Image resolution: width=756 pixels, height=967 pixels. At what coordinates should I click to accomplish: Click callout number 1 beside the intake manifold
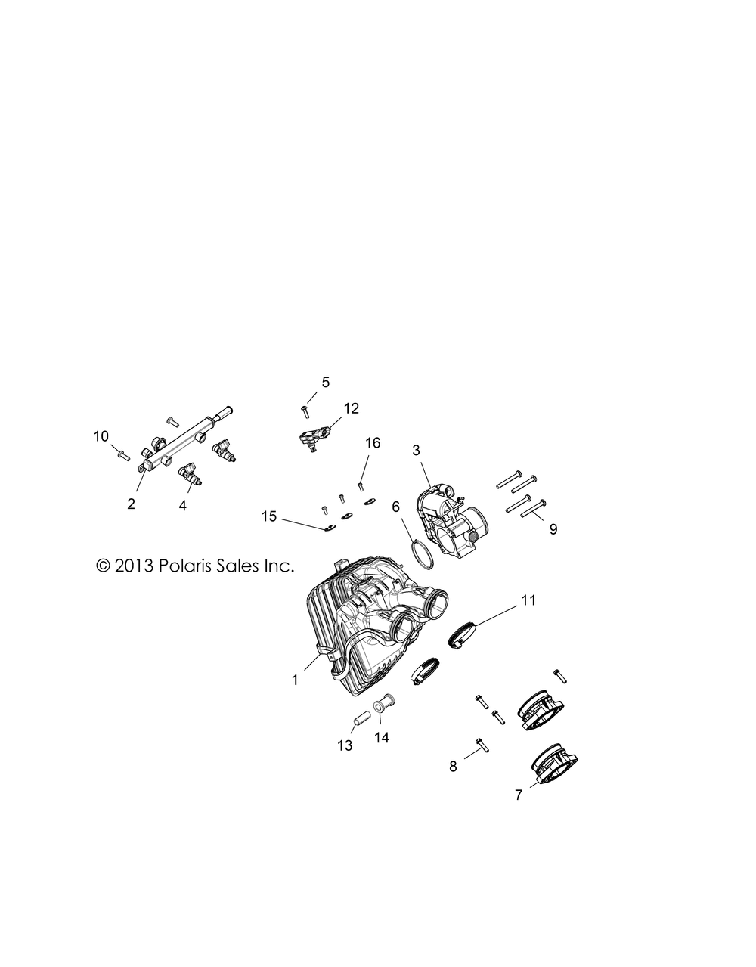click(x=295, y=693)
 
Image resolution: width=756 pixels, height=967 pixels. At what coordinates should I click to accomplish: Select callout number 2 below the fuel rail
click(x=131, y=504)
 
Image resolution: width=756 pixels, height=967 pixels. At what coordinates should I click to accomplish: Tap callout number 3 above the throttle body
click(x=416, y=451)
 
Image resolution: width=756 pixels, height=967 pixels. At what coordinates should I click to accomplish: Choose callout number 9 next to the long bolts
click(x=553, y=529)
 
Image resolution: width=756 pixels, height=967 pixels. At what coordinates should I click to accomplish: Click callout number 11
click(x=529, y=600)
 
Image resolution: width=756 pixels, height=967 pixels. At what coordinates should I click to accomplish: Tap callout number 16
click(x=373, y=443)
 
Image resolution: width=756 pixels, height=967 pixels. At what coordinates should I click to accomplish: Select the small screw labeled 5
click(x=305, y=411)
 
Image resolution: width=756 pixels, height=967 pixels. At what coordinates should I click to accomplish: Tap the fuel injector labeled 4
click(x=190, y=475)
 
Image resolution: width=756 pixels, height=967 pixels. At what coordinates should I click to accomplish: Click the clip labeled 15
click(x=328, y=528)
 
